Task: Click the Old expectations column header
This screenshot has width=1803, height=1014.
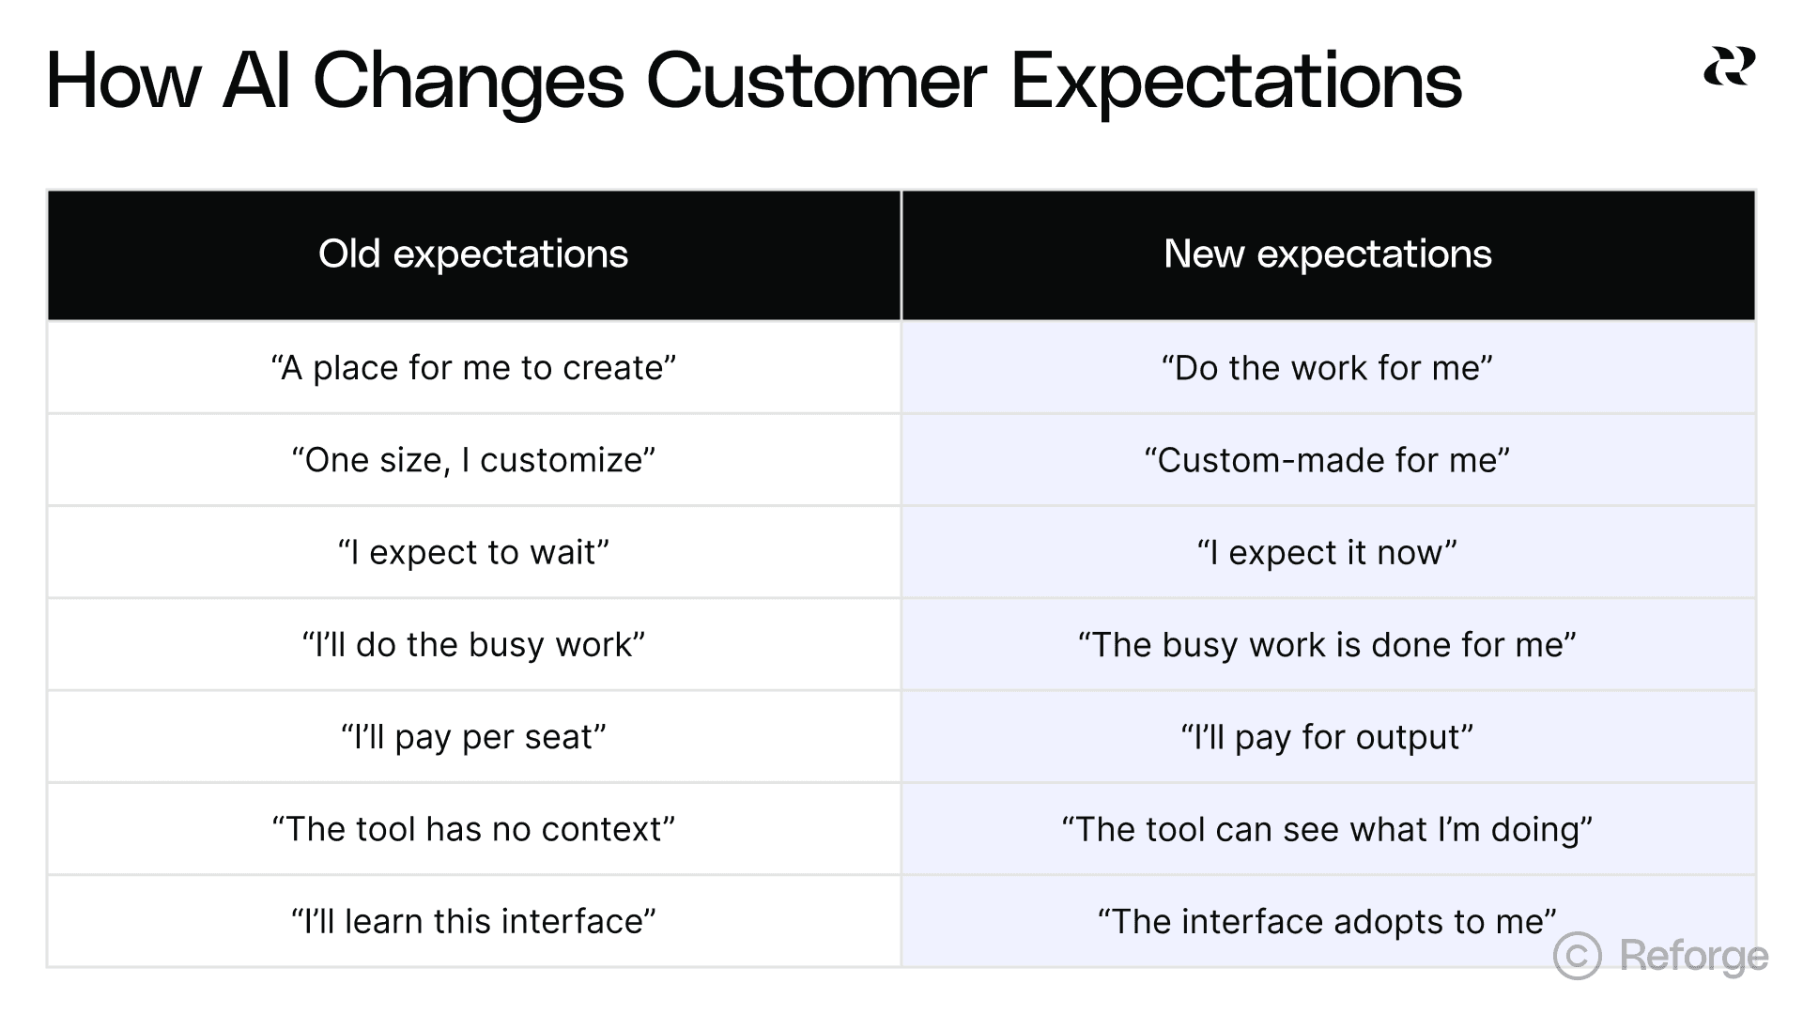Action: pyautogui.click(x=473, y=254)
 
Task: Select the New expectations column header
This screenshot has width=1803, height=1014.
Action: pyautogui.click(x=1327, y=254)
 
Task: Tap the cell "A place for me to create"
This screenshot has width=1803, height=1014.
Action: pyautogui.click(x=473, y=368)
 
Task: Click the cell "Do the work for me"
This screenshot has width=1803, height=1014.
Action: pyautogui.click(x=1327, y=368)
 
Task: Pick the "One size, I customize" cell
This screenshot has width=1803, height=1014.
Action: pyautogui.click(x=473, y=460)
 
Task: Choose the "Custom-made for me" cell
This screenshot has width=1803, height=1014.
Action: pyautogui.click(x=1327, y=460)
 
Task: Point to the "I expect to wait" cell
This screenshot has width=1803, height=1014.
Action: pyautogui.click(x=473, y=552)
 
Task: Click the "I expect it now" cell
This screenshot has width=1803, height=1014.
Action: pyautogui.click(x=1327, y=552)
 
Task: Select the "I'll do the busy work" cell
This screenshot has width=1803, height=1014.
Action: pyautogui.click(x=473, y=645)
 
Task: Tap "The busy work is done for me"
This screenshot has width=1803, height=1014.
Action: pyautogui.click(x=1327, y=645)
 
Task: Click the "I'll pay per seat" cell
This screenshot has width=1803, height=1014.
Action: pyautogui.click(x=473, y=737)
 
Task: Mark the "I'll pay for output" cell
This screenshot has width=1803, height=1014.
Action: pyautogui.click(x=1327, y=737)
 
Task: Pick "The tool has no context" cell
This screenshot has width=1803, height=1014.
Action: pyautogui.click(x=473, y=829)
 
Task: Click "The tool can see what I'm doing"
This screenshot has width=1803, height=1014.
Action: pyautogui.click(x=1327, y=829)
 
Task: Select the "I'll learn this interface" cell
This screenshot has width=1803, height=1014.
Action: pyautogui.click(x=473, y=921)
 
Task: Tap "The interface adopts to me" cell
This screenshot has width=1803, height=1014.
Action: pyautogui.click(x=1327, y=921)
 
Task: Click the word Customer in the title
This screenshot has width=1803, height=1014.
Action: pyautogui.click(x=816, y=81)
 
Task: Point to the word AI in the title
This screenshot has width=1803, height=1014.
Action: pyautogui.click(x=255, y=81)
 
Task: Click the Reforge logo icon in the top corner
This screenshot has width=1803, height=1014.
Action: pyautogui.click(x=1729, y=67)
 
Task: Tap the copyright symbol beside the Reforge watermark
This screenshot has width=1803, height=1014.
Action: pyautogui.click(x=1577, y=956)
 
